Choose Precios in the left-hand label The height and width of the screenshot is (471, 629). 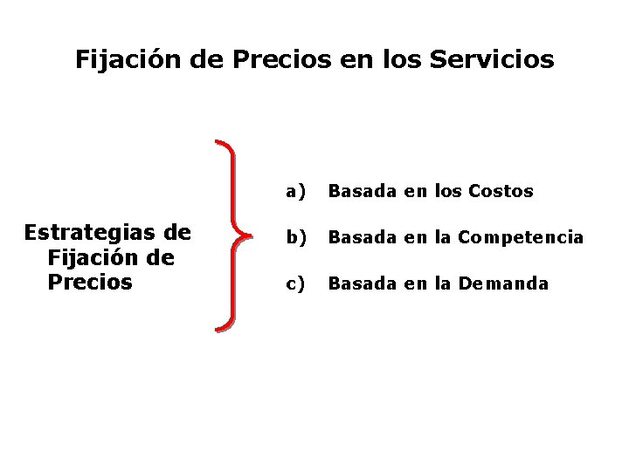coord(91,283)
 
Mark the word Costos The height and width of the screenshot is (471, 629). coord(501,191)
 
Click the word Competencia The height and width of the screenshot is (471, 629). coord(521,237)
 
